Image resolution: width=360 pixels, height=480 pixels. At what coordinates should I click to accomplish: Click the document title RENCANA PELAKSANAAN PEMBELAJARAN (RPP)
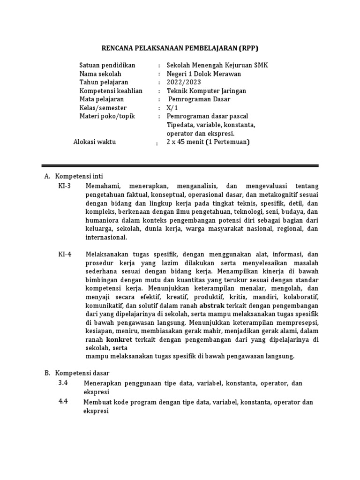click(x=180, y=48)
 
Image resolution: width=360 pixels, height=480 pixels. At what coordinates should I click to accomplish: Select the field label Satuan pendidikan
click(x=107, y=65)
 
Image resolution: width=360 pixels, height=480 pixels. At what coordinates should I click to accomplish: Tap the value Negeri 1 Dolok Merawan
click(x=204, y=74)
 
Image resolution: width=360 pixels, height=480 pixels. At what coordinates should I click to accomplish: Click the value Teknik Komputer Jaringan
click(x=206, y=90)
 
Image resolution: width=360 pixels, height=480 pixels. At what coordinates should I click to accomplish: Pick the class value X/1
click(x=173, y=107)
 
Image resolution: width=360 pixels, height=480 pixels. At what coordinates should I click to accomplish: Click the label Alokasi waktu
click(x=95, y=142)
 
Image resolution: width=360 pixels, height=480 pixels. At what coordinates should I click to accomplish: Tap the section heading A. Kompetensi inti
click(x=70, y=176)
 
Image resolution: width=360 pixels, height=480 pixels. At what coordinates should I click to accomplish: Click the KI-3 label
click(x=65, y=186)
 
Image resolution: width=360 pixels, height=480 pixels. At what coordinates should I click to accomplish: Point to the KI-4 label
click(x=65, y=255)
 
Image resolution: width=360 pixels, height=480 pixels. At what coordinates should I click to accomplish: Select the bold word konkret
click(x=119, y=339)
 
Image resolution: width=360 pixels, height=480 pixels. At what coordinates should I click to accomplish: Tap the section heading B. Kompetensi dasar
click(x=76, y=373)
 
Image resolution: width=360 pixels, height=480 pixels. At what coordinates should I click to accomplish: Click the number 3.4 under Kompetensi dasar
click(x=63, y=383)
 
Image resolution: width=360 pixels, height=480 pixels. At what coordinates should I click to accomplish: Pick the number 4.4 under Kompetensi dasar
click(x=63, y=402)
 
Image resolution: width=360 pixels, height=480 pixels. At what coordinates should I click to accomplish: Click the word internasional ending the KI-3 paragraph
click(x=106, y=237)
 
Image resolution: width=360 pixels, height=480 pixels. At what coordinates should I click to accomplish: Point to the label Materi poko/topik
click(x=107, y=116)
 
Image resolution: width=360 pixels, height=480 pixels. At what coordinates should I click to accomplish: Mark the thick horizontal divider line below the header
click(x=180, y=165)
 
